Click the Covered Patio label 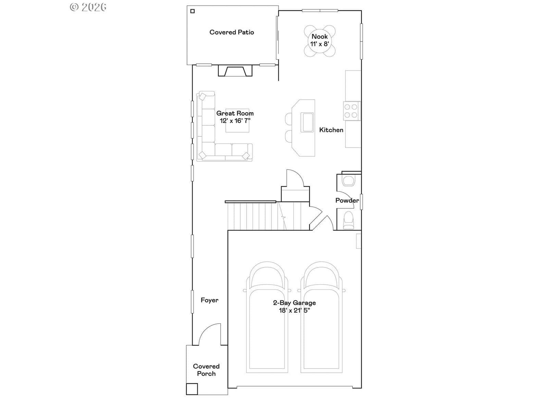click(x=232, y=32)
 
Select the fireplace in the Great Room click(x=235, y=71)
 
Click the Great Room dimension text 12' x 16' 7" click(x=235, y=121)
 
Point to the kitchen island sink click(x=307, y=122)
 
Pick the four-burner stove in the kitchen click(x=351, y=111)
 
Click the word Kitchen click(x=331, y=130)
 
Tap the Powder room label click(x=347, y=200)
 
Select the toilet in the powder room click(x=349, y=220)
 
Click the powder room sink click(x=349, y=180)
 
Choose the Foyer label click(x=210, y=300)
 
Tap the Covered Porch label click(x=206, y=370)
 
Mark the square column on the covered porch click(x=192, y=389)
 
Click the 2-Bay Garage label click(x=294, y=303)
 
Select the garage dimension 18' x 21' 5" click(x=294, y=310)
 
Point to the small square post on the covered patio click(x=192, y=11)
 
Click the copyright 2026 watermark click(x=88, y=7)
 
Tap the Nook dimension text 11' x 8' click(x=320, y=44)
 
